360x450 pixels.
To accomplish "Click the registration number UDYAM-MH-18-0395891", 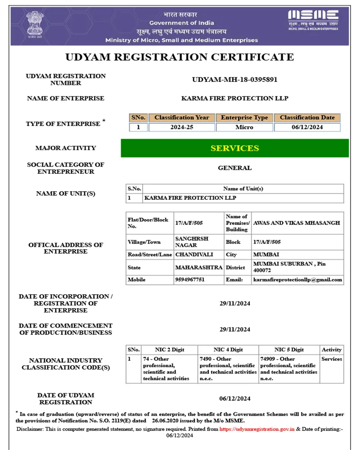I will point(234,80).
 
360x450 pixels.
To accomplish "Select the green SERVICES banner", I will point(234,148).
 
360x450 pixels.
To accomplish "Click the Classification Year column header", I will point(182,117).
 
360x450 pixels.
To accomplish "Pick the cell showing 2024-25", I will point(182,127).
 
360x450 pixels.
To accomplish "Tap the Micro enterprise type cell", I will point(244,127).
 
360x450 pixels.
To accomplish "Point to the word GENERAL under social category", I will point(234,168).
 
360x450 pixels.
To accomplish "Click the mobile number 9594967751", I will point(189,279).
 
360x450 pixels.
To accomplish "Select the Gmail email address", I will point(297,279).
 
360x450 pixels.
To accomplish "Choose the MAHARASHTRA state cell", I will point(198,267).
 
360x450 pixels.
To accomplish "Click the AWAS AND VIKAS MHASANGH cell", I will point(297,223).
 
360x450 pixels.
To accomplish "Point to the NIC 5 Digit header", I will point(289,350).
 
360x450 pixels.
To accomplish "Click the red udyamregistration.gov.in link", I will point(257,429).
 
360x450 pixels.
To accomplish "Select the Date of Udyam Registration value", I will point(234,398).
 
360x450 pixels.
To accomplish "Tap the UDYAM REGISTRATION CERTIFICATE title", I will point(180,57).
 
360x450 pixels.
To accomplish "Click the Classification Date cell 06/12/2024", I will point(307,127).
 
